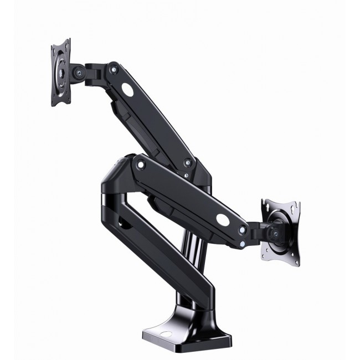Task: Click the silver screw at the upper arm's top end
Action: pyautogui.click(x=114, y=69)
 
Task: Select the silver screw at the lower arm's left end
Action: pyautogui.click(x=141, y=164)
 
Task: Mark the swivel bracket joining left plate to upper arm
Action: pyautogui.click(x=91, y=71)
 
